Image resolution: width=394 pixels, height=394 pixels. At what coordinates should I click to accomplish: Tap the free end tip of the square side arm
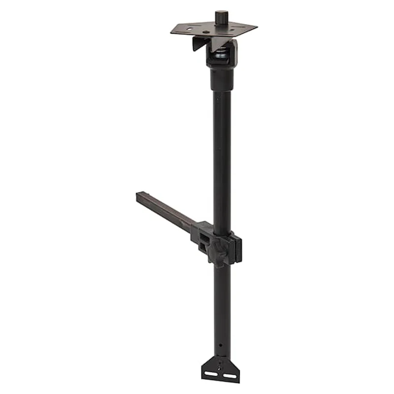(138, 197)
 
